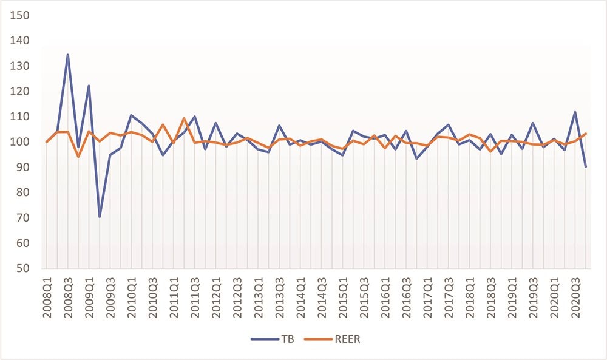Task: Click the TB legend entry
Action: (x=273, y=339)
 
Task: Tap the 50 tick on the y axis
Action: (x=22, y=268)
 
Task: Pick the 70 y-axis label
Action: (x=22, y=218)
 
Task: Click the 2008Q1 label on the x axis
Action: (x=47, y=296)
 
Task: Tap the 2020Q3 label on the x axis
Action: (x=575, y=296)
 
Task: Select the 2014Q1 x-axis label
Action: (x=300, y=296)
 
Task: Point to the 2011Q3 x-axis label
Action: (x=195, y=296)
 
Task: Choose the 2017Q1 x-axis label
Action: (x=427, y=296)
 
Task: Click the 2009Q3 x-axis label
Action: (x=110, y=296)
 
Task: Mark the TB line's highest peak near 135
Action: (x=67, y=55)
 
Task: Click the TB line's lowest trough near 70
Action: (x=100, y=217)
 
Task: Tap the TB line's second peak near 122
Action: (x=89, y=86)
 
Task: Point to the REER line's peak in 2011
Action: (x=184, y=118)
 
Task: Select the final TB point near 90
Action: (x=586, y=166)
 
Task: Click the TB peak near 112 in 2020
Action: (x=575, y=112)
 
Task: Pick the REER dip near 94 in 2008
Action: (x=78, y=157)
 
